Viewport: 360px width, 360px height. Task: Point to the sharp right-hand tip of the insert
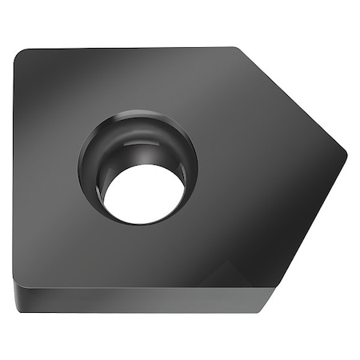click(x=346, y=150)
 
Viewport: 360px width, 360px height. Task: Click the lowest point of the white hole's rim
click(x=142, y=224)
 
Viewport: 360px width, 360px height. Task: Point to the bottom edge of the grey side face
click(x=136, y=311)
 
